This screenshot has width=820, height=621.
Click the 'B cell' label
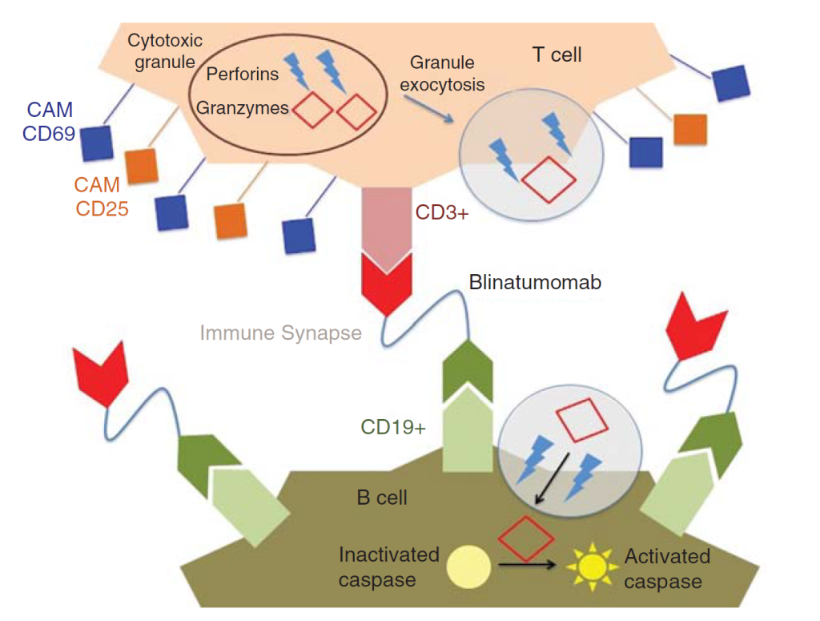[381, 498]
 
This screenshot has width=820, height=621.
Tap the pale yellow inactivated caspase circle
[467, 564]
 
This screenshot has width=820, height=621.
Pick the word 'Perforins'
[242, 75]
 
